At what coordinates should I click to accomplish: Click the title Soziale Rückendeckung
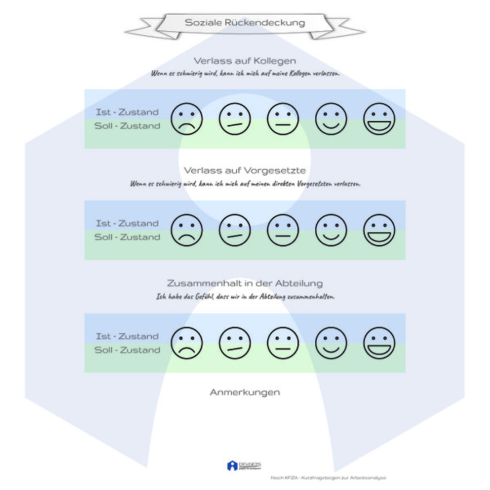pyautogui.click(x=245, y=23)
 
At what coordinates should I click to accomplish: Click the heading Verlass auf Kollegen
pyautogui.click(x=245, y=60)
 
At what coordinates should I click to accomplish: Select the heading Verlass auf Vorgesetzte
pyautogui.click(x=245, y=171)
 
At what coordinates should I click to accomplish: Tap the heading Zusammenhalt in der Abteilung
pyautogui.click(x=245, y=283)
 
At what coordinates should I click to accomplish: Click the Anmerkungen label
pyautogui.click(x=245, y=392)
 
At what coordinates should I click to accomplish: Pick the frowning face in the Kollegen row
pyautogui.click(x=186, y=119)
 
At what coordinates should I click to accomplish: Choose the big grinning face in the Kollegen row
pyautogui.click(x=379, y=119)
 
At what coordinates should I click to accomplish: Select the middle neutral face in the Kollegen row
pyautogui.click(x=283, y=119)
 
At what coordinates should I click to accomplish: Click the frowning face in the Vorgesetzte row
pyautogui.click(x=186, y=229)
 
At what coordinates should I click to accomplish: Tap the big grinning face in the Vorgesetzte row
pyautogui.click(x=379, y=229)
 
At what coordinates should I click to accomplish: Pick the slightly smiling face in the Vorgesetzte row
pyautogui.click(x=331, y=229)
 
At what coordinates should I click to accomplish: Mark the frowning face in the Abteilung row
pyautogui.click(x=186, y=342)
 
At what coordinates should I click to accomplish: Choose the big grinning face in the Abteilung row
pyautogui.click(x=379, y=342)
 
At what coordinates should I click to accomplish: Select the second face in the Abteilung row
pyautogui.click(x=234, y=342)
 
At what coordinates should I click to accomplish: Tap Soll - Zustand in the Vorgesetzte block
pyautogui.click(x=127, y=238)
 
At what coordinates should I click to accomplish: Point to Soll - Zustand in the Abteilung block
pyautogui.click(x=127, y=350)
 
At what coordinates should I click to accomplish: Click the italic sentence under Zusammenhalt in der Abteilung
pyautogui.click(x=245, y=296)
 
